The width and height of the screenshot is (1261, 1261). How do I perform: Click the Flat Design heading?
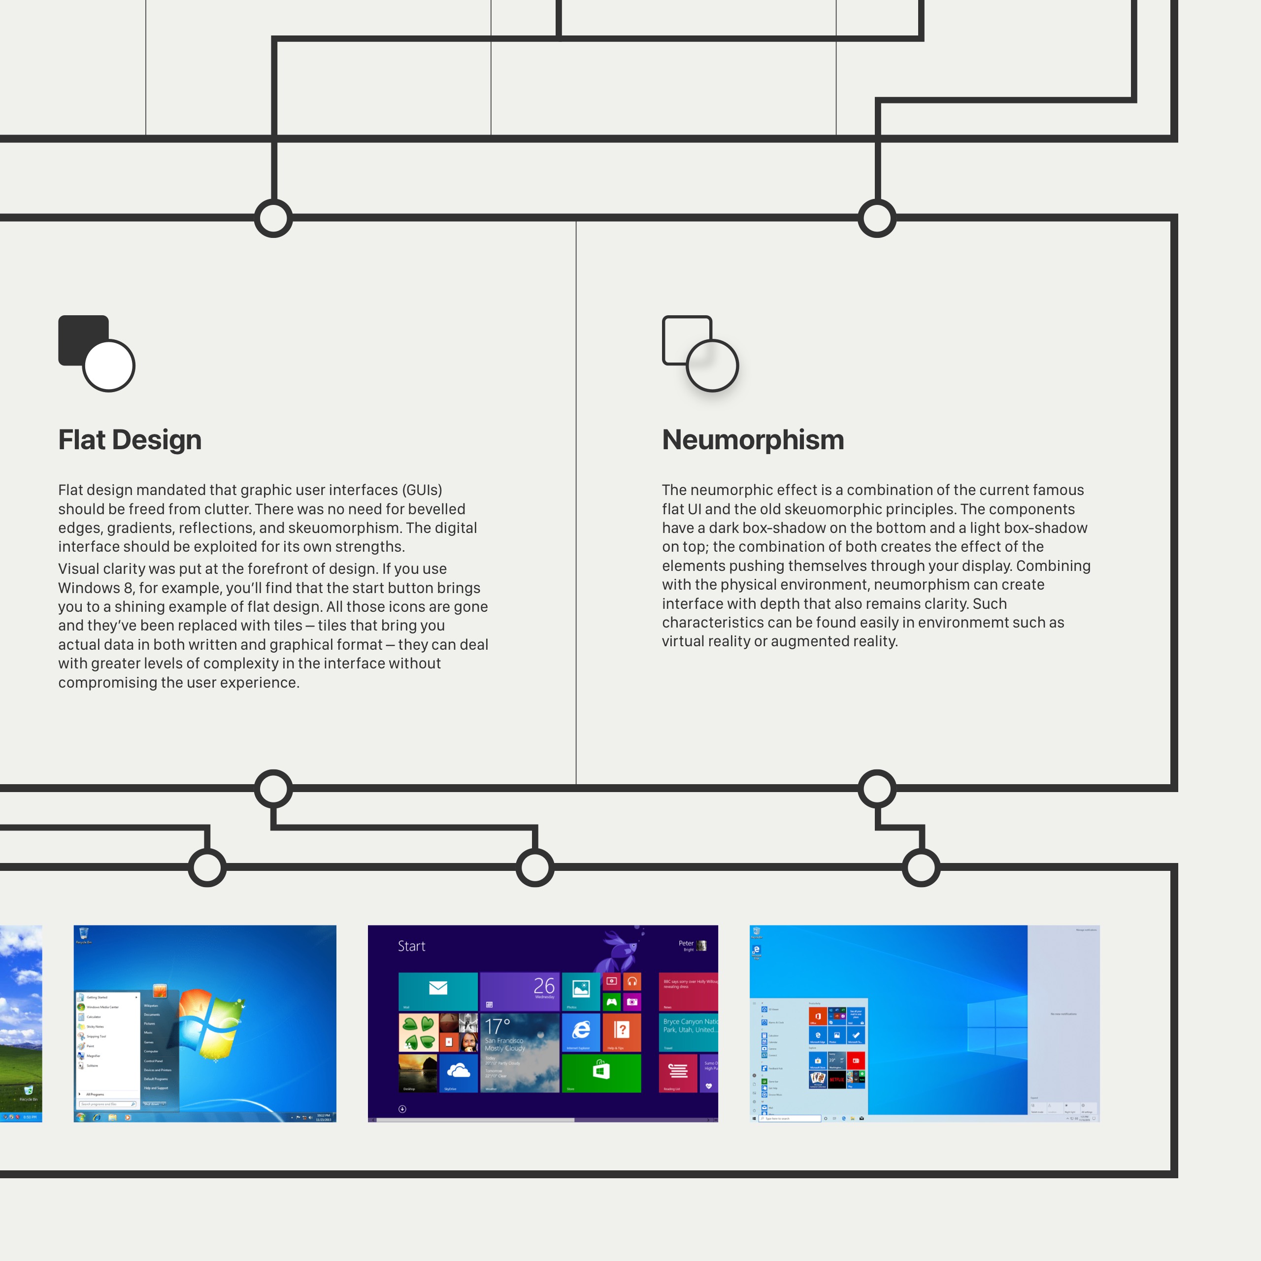pos(130,440)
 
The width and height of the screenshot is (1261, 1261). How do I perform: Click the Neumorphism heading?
pos(753,440)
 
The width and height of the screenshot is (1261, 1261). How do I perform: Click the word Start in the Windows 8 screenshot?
pos(411,946)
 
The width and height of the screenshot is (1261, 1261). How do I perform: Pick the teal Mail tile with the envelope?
pos(438,991)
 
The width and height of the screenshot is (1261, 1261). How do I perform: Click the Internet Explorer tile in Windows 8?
pos(580,1031)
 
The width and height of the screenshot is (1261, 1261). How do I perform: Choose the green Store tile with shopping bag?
pos(601,1072)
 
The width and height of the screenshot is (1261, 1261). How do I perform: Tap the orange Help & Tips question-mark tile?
pos(621,1031)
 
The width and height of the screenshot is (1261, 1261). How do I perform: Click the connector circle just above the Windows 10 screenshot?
pos(921,867)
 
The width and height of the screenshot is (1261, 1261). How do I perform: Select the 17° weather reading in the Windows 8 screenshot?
pos(498,1026)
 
